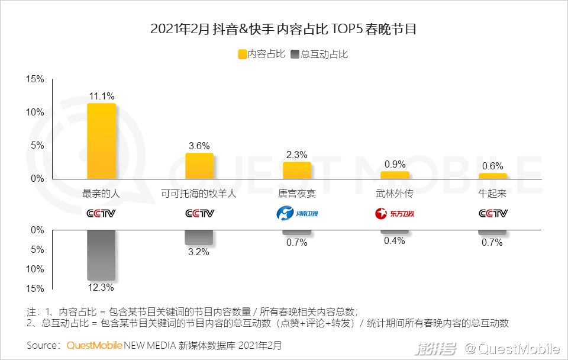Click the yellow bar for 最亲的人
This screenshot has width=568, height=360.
coord(101,141)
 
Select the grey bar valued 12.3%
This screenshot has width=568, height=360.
coord(101,255)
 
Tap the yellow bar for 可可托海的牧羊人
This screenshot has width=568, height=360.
coord(199,166)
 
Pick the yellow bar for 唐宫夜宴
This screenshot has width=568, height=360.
coord(297,170)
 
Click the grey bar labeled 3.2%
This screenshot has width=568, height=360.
coord(199,237)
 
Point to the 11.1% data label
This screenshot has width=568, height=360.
coord(102,96)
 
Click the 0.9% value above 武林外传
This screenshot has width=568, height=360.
coord(395,164)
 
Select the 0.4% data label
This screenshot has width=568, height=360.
coord(395,240)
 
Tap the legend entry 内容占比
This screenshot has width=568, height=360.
coord(261,54)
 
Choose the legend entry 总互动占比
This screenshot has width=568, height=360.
coord(319,54)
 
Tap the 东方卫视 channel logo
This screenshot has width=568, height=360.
coord(395,213)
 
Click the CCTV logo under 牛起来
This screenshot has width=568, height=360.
coord(493,213)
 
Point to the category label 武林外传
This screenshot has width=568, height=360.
coord(395,194)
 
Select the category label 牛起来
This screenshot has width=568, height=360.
coord(493,194)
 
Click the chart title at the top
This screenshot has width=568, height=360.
coord(283,28)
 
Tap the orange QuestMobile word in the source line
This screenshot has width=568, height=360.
coord(95,345)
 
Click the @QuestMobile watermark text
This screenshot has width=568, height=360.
coord(512,348)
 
